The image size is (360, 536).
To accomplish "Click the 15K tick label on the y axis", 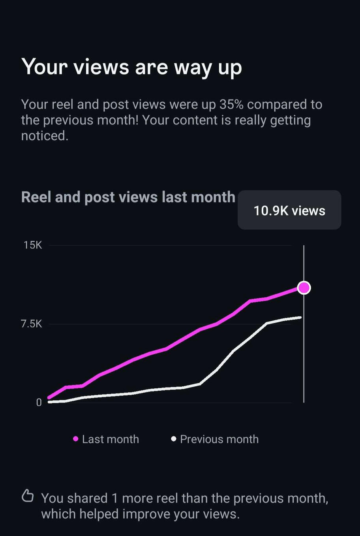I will click(32, 245).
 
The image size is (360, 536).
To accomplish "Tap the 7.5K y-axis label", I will click(31, 324).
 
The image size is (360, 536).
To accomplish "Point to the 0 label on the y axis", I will click(39, 402).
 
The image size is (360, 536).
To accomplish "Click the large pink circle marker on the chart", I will click(304, 288).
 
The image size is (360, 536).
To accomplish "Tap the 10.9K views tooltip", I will click(289, 210).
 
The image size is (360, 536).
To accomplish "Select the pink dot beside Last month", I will click(76, 439).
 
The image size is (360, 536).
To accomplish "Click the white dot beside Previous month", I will click(173, 439).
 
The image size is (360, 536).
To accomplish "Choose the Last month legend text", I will click(111, 439).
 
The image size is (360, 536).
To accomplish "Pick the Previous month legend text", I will click(219, 439).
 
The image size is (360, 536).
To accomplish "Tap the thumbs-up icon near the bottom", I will click(27, 496).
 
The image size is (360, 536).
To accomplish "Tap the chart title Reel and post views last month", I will click(128, 197).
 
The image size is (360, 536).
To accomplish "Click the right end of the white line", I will click(300, 317).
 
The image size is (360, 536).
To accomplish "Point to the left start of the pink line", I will click(49, 397).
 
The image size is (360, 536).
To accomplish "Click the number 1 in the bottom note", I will click(114, 498).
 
